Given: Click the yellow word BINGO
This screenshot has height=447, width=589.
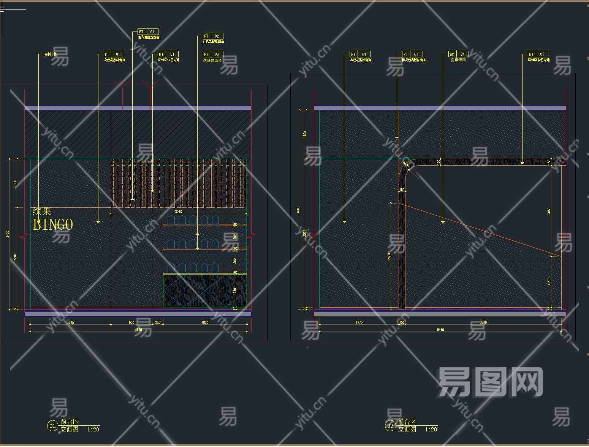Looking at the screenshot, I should point(53,225).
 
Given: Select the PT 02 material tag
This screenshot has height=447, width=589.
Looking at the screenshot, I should point(213,36).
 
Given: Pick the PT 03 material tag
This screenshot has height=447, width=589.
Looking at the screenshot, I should point(412,54).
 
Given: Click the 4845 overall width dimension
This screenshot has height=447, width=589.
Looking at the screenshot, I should point(138,330).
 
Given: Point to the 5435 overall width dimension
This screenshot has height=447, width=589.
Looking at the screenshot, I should point(440,330).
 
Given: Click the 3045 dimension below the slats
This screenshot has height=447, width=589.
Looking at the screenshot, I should point(178,212).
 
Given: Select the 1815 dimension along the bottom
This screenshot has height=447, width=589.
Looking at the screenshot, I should point(70,322).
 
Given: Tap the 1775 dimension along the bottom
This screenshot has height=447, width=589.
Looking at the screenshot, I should point(359,322).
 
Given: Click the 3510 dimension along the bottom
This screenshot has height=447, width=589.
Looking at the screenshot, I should point(483,322).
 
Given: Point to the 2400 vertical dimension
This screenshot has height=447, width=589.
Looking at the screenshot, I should point(389,256).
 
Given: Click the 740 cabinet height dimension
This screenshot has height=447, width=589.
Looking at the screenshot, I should point(235,291).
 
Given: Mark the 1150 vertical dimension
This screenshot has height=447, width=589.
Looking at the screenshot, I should point(549,281).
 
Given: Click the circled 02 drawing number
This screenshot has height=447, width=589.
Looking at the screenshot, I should point(52,426).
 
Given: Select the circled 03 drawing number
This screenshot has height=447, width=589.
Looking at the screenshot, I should point(390,426).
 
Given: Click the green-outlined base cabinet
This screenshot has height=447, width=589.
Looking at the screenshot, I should point(204,291).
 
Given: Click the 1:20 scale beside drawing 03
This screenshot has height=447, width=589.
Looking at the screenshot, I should point(431,430).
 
